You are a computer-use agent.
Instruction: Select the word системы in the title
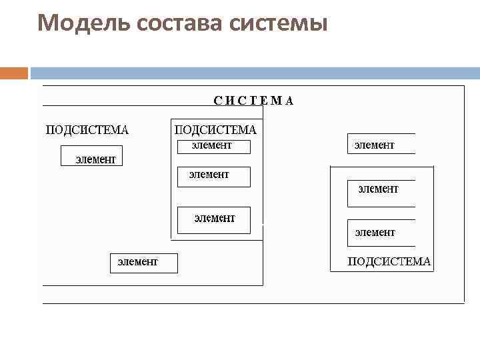click(278, 24)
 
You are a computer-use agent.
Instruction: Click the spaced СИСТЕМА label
click(253, 101)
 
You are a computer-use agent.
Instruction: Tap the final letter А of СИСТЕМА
click(289, 101)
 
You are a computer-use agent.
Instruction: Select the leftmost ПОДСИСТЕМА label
click(87, 129)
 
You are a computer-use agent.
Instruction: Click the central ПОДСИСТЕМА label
click(215, 129)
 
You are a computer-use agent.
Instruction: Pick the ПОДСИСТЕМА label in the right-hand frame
click(389, 261)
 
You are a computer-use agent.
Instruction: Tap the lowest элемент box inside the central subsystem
click(214, 219)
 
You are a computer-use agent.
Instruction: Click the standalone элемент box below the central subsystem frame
click(143, 263)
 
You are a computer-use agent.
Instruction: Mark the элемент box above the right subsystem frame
click(381, 144)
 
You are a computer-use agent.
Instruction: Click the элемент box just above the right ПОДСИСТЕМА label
click(381, 233)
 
